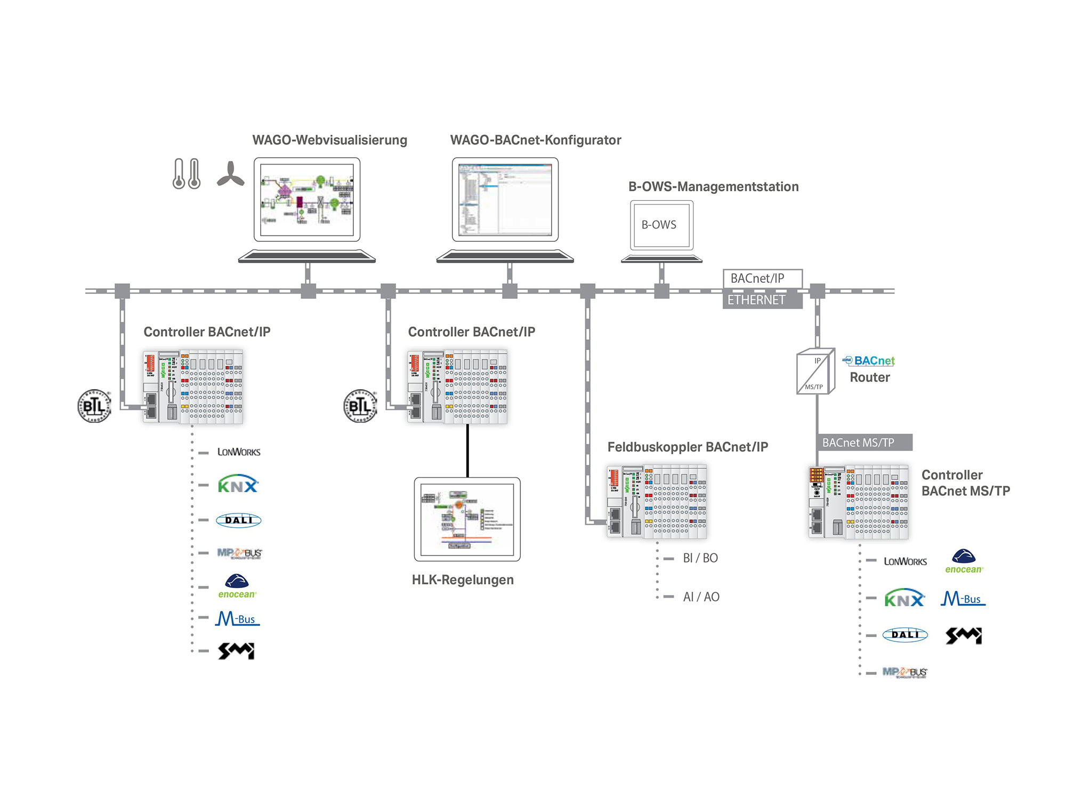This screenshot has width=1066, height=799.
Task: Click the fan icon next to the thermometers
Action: pos(230,174)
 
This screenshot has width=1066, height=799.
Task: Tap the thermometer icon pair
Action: pos(187,174)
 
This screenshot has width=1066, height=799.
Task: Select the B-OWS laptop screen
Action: pos(661,225)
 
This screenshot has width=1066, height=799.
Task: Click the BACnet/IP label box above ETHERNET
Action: pos(762,279)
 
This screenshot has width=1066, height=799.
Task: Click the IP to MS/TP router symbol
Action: pos(815,372)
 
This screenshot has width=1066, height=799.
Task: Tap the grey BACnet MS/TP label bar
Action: pos(864,443)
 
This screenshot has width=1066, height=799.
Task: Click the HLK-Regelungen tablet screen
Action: pos(467,519)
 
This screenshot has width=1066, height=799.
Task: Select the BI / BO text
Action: pos(700,558)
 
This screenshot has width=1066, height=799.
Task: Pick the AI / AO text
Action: pos(701,597)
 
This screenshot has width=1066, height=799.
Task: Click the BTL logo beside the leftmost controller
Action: pos(94,406)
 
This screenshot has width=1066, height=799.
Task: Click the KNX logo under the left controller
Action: pos(238,485)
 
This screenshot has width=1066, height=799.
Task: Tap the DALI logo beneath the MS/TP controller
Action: pos(905,634)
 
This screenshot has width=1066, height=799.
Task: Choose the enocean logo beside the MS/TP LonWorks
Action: pos(964,561)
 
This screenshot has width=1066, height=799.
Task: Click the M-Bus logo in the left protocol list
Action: pos(238,618)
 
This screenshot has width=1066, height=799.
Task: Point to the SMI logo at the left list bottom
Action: pos(236,651)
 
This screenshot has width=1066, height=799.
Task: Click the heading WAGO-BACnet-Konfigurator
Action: pos(535,140)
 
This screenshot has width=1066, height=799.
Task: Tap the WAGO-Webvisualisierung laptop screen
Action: pos(307,200)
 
